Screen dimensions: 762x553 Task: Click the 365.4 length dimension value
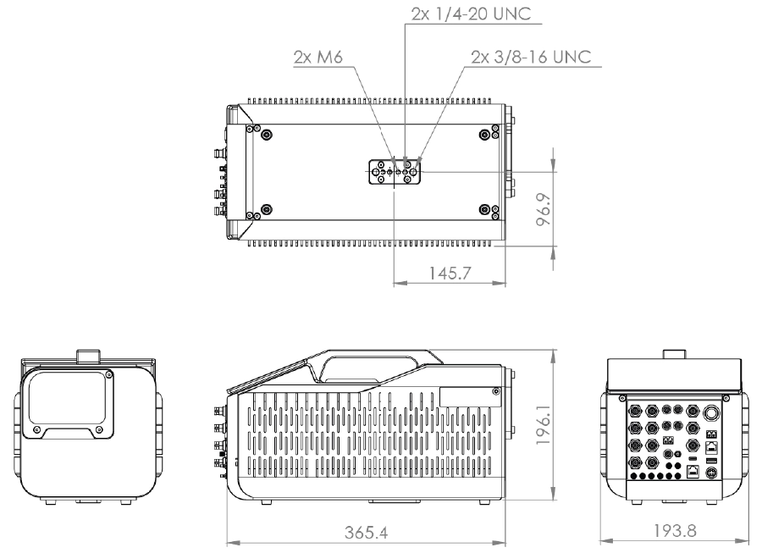(367, 533)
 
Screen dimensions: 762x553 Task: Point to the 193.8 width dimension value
(675, 531)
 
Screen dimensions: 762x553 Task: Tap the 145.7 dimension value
(450, 273)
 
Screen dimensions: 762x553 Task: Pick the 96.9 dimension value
(544, 209)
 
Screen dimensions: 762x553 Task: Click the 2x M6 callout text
(317, 57)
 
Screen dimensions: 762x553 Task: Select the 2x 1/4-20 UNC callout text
(471, 14)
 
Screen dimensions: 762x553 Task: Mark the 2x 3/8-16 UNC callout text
(531, 57)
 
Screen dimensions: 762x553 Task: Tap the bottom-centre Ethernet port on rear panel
(693, 470)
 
